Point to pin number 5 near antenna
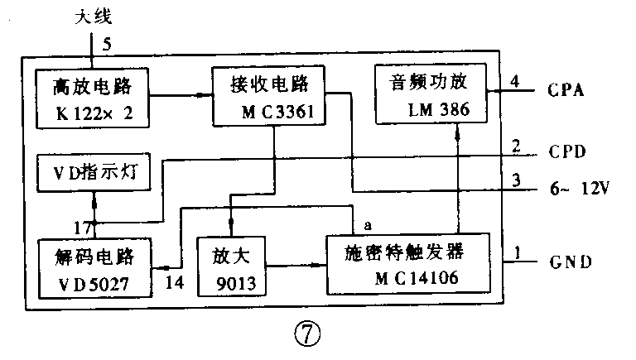107,45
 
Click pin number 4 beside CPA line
515,81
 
